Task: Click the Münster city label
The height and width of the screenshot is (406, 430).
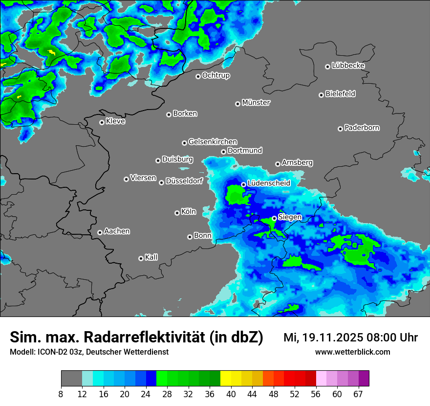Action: [x=256, y=103]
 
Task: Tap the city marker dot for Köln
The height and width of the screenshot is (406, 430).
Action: [x=177, y=213]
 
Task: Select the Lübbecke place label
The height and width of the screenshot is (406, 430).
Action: [x=348, y=66]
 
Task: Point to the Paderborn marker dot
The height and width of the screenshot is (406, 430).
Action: [x=340, y=129]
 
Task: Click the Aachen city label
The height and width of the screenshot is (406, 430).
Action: [x=117, y=231]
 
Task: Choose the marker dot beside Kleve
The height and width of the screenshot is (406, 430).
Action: [x=102, y=122]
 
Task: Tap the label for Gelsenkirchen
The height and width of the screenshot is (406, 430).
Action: [x=213, y=142]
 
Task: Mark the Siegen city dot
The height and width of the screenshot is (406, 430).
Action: [x=275, y=218]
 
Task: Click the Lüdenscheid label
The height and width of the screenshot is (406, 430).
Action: [x=269, y=183]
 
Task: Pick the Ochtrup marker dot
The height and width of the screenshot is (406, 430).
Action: [x=198, y=76]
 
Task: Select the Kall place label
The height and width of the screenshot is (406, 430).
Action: [x=151, y=257]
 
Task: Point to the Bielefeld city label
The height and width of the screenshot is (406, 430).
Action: [x=340, y=94]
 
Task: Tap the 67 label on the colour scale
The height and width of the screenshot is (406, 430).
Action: [x=358, y=394]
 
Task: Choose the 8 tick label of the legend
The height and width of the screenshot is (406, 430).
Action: [x=61, y=394]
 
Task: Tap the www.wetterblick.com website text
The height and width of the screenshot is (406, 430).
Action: [x=353, y=352]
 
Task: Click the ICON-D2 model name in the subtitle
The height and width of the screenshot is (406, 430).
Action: [x=50, y=352]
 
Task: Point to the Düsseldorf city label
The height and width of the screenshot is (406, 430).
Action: [x=184, y=181]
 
